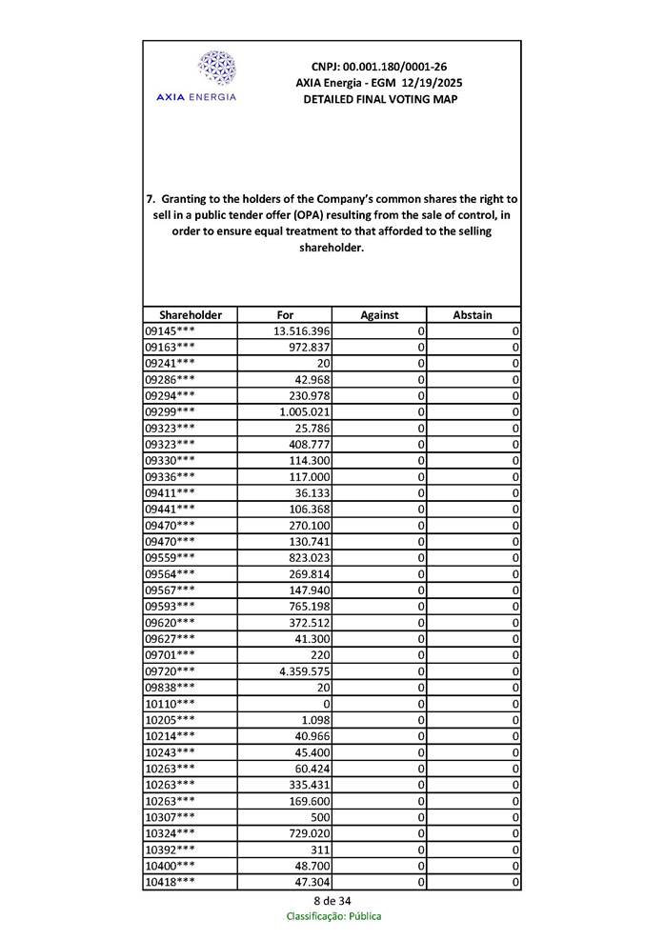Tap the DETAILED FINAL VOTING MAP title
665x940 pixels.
pos(379,99)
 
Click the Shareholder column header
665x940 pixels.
pos(191,314)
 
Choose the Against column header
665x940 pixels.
pos(379,314)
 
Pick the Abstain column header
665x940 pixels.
pos(473,314)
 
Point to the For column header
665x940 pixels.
pos(285,314)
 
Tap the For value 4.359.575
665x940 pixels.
pos(304,671)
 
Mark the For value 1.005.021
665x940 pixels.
pos(304,411)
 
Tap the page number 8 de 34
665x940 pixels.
pos(332,901)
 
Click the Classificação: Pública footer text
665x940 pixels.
pos(332,916)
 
